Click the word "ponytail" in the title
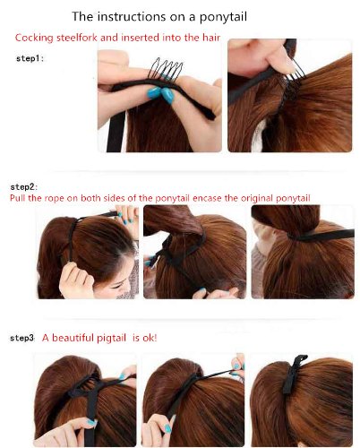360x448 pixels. pyautogui.click(x=223, y=17)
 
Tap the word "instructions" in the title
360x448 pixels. pyautogui.click(x=132, y=16)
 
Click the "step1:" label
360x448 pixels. pyautogui.click(x=30, y=58)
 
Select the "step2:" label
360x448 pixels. pyautogui.click(x=24, y=187)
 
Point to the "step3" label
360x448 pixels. pyautogui.click(x=22, y=338)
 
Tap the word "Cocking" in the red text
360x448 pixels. pyautogui.click(x=34, y=38)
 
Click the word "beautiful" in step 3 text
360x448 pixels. pyautogui.click(x=73, y=338)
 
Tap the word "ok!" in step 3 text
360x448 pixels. pyautogui.click(x=149, y=338)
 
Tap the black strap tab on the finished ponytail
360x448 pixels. pyautogui.click(x=293, y=374)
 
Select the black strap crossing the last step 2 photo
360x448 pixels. pyautogui.click(x=321, y=236)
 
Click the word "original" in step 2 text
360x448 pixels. pyautogui.click(x=257, y=199)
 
